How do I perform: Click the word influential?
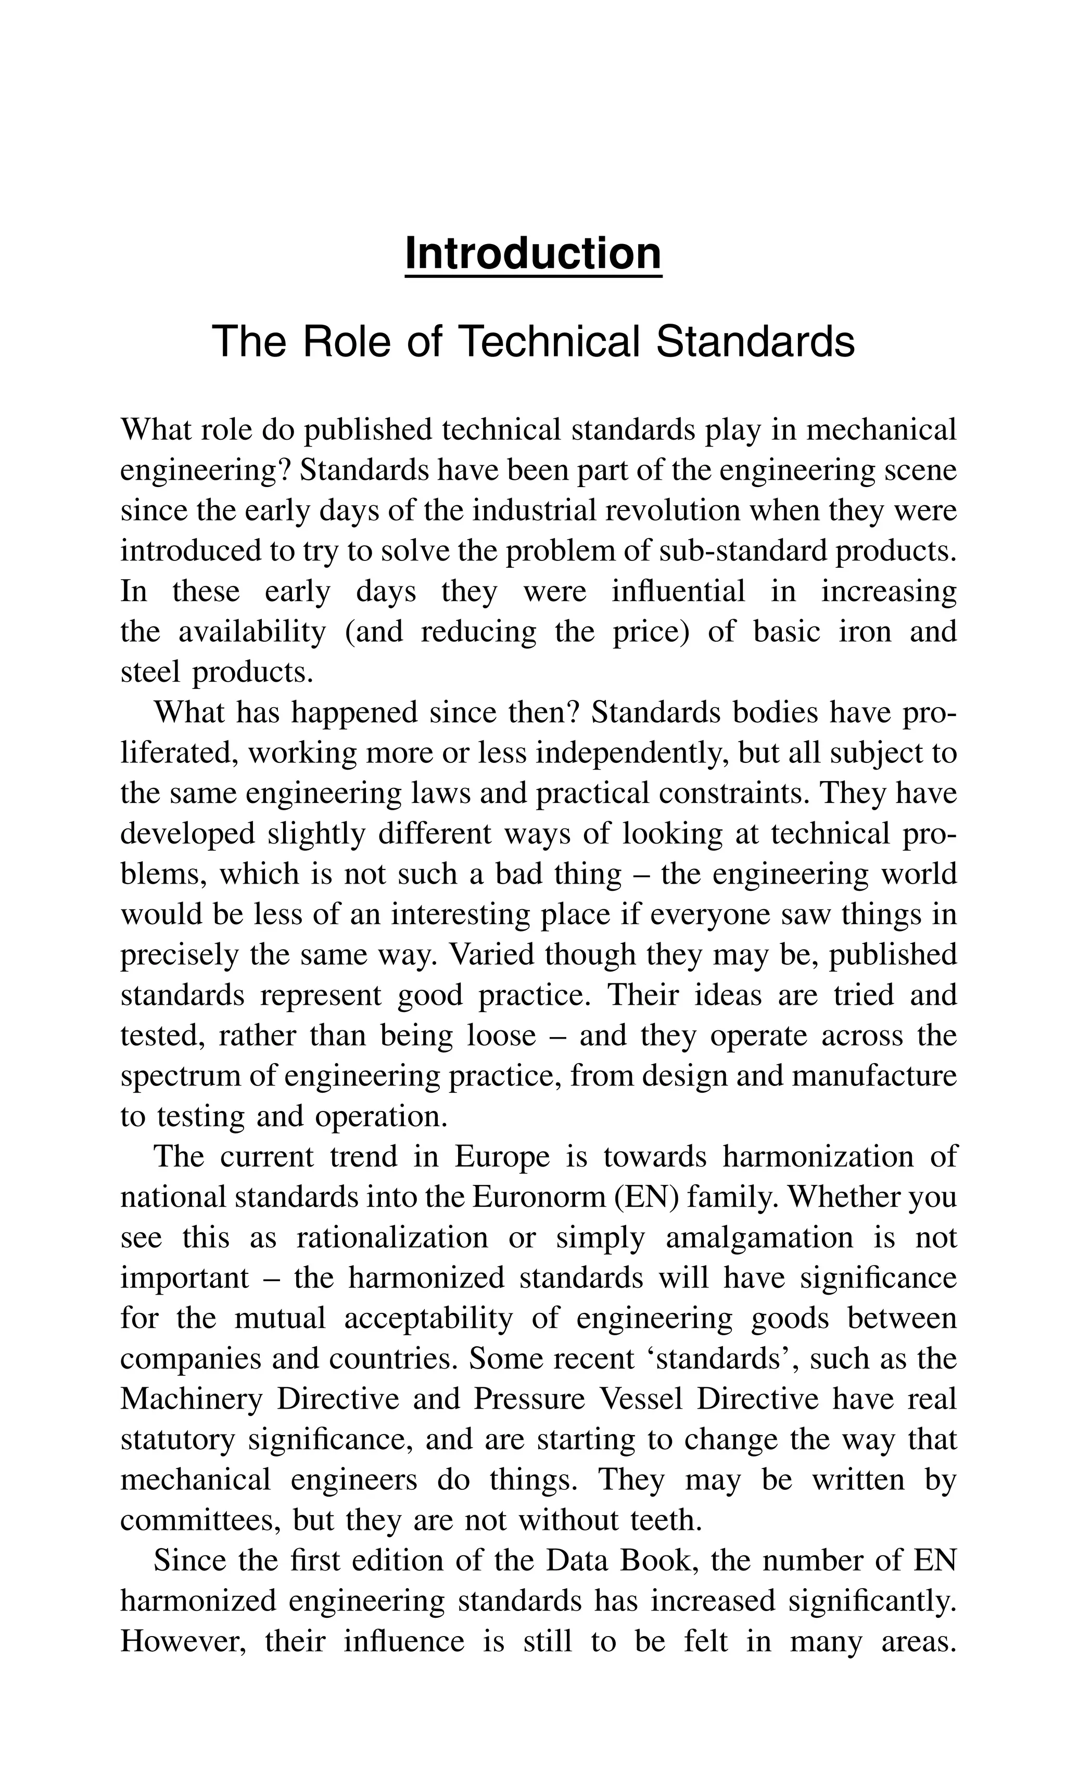click(x=678, y=592)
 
